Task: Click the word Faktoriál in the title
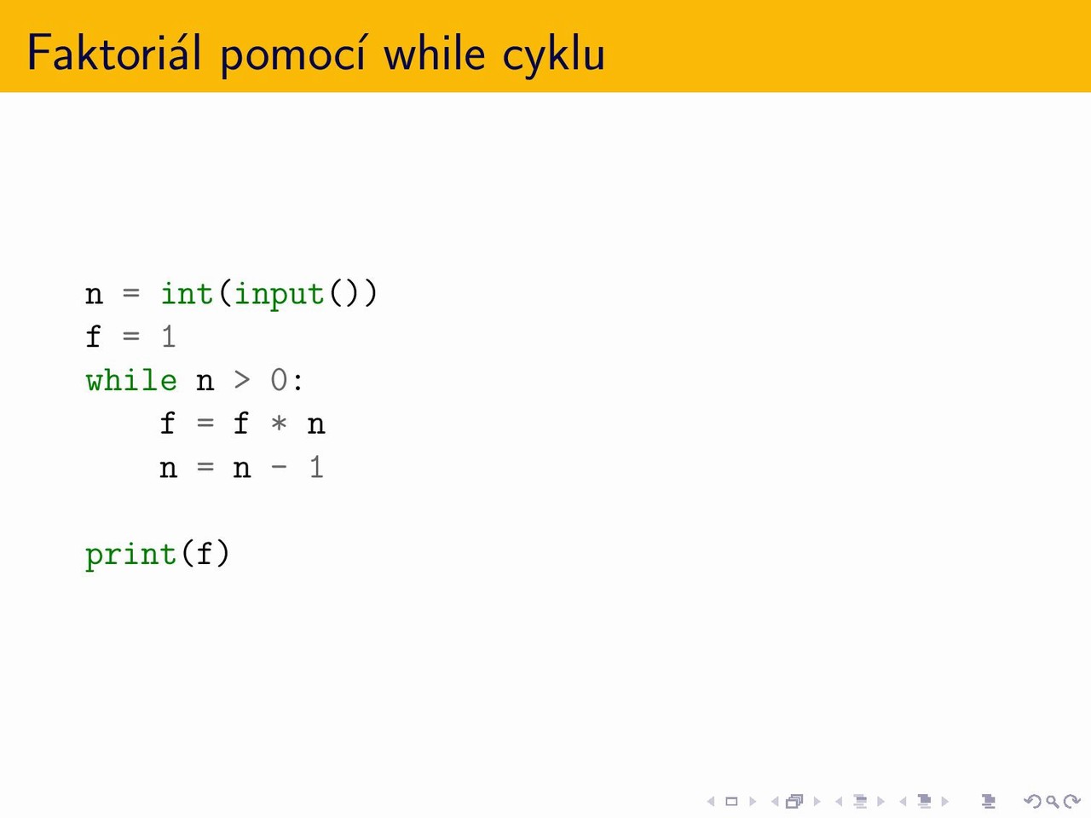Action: (x=114, y=53)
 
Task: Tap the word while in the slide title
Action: (x=435, y=53)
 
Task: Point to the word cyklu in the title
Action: (x=553, y=55)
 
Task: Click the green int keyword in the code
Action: (x=187, y=293)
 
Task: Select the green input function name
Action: (x=279, y=296)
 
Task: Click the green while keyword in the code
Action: (x=131, y=380)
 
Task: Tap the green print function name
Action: (x=131, y=556)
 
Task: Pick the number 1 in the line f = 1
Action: (x=169, y=337)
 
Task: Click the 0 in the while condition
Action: (x=279, y=380)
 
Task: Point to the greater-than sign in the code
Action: (x=242, y=380)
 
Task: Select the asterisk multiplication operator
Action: (x=279, y=423)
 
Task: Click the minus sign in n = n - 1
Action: (x=279, y=467)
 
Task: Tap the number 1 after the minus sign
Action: (x=316, y=467)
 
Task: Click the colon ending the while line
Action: (x=297, y=382)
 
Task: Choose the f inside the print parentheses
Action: (x=205, y=553)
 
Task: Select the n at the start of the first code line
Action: (x=94, y=296)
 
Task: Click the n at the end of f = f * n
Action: (x=316, y=426)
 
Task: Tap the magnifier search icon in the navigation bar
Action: (x=1053, y=802)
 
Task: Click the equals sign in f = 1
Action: (x=131, y=337)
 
